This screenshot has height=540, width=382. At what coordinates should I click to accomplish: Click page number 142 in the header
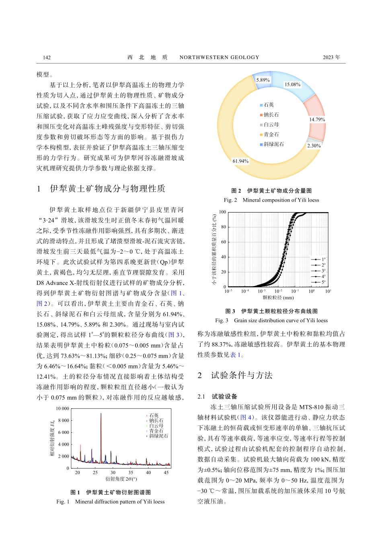point(47,57)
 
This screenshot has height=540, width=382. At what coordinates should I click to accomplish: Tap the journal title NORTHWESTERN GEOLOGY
point(219,57)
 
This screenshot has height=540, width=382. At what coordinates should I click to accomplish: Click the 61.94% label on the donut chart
point(240,161)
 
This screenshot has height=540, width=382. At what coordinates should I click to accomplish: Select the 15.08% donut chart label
point(292,84)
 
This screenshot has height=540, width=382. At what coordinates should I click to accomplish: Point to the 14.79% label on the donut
point(317,120)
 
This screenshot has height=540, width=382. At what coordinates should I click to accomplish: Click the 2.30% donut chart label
point(314,146)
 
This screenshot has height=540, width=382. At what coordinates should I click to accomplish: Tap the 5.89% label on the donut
point(263,80)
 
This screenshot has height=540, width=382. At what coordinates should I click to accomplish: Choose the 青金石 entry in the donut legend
point(271,135)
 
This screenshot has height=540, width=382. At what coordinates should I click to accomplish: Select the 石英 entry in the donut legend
point(268,105)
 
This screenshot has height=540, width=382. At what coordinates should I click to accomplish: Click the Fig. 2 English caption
point(271,200)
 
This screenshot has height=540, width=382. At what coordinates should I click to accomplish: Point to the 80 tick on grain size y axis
point(224,227)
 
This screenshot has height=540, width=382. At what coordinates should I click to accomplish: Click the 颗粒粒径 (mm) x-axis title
point(278,298)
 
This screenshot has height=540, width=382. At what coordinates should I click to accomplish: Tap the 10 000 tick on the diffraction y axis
point(62,409)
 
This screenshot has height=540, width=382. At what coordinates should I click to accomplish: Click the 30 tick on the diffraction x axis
point(113,472)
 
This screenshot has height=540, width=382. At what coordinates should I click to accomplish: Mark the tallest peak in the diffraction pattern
point(101,414)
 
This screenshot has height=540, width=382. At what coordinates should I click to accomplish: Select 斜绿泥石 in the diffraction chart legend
point(158,436)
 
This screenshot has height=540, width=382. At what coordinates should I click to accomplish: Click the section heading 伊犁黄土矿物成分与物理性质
point(107,188)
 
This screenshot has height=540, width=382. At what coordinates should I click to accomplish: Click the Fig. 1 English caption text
point(111,501)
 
